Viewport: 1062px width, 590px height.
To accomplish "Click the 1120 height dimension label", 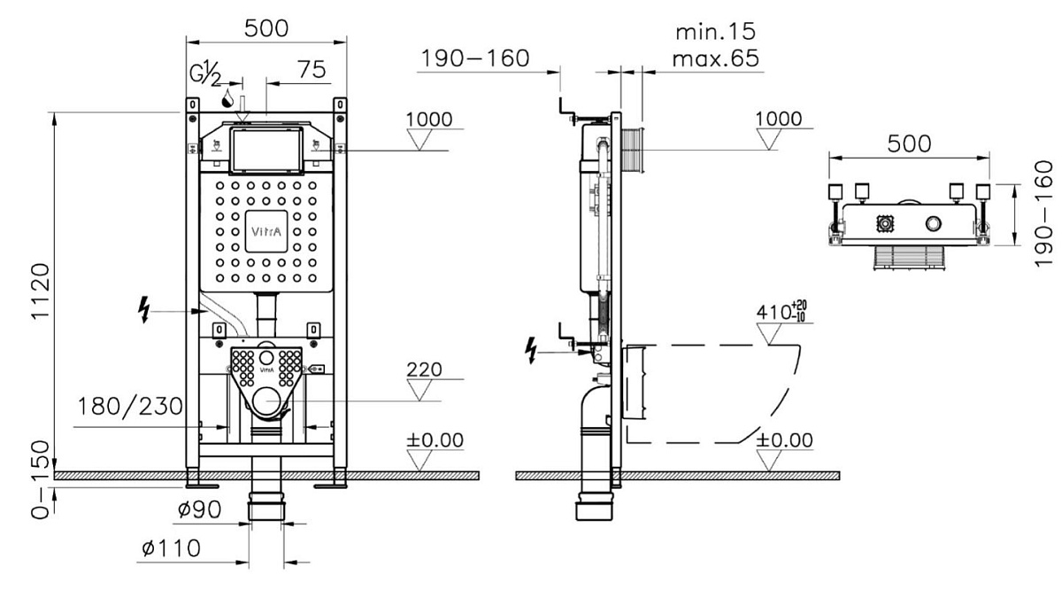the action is pyautogui.click(x=41, y=291).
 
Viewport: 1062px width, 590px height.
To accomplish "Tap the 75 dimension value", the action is pyautogui.click(x=312, y=69).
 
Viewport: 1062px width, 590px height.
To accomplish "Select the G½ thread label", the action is pyautogui.click(x=205, y=74).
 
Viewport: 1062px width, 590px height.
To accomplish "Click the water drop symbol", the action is pyautogui.click(x=228, y=98).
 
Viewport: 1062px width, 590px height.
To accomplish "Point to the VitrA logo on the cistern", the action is pyautogui.click(x=266, y=231).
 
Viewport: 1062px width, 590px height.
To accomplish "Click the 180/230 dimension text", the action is pyautogui.click(x=130, y=407).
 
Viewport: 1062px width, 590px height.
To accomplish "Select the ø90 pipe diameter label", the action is pyautogui.click(x=199, y=509).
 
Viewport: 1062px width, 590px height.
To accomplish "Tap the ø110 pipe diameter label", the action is pyautogui.click(x=171, y=548).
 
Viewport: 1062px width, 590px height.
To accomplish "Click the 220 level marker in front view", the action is pyautogui.click(x=424, y=369).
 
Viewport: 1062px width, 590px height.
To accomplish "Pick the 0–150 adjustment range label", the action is pyautogui.click(x=41, y=480).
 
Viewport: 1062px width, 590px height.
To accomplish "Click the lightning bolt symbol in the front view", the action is pyautogui.click(x=143, y=310).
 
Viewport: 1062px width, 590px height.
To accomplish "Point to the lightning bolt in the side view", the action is pyautogui.click(x=531, y=351).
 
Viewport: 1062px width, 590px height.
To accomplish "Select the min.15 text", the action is pyautogui.click(x=715, y=32).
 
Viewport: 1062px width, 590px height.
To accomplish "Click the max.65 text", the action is pyautogui.click(x=715, y=58).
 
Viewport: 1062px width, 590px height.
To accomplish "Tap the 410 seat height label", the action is pyautogui.click(x=781, y=312).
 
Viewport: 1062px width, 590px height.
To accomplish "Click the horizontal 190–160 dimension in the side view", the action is pyautogui.click(x=475, y=58).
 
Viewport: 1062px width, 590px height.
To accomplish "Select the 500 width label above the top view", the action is pyautogui.click(x=909, y=144).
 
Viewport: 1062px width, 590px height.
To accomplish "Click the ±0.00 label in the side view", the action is pyautogui.click(x=784, y=440).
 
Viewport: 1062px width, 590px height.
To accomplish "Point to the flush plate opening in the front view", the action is pyautogui.click(x=266, y=150).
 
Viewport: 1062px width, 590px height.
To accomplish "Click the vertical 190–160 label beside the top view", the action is pyautogui.click(x=1043, y=213).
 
